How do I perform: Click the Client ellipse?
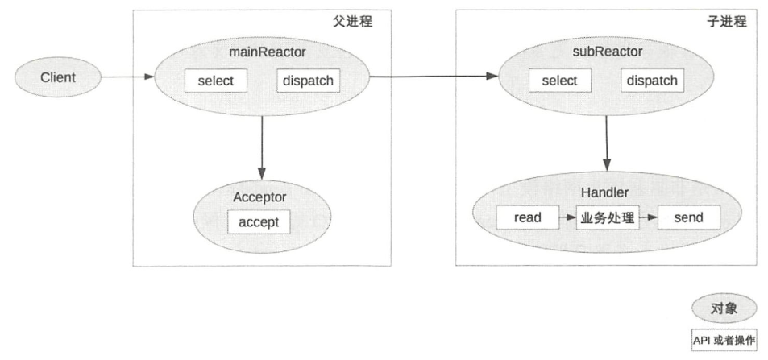click(58, 77)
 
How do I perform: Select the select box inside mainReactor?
click(215, 81)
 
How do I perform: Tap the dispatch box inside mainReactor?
click(308, 81)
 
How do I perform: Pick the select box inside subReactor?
click(560, 81)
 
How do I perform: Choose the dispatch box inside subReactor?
click(652, 81)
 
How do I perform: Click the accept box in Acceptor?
click(259, 221)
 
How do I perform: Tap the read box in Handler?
click(528, 217)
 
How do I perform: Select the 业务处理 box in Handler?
click(608, 217)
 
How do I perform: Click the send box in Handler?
click(689, 217)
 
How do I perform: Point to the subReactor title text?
click(606, 51)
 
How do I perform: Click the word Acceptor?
click(259, 197)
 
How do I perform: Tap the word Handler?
click(604, 192)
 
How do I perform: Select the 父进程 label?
click(353, 22)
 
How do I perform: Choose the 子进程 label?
click(727, 22)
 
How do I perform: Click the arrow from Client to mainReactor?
click(128, 77)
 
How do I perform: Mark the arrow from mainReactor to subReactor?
click(434, 76)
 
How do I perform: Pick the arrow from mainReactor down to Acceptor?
click(262, 148)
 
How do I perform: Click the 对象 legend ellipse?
click(724, 308)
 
